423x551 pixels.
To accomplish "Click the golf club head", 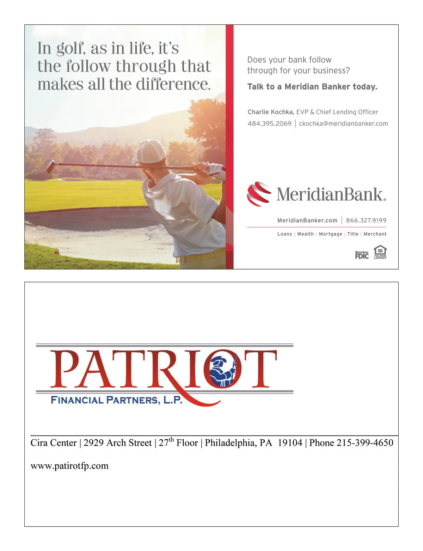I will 51,167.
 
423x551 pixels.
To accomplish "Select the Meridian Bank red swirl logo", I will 259,193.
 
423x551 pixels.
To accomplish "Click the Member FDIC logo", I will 362,255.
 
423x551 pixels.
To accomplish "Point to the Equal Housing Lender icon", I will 380,252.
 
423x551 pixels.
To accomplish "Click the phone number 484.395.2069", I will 269,124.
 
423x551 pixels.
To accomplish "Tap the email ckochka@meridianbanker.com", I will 343,124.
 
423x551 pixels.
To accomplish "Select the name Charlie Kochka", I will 270,112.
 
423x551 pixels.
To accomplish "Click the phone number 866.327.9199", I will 366,221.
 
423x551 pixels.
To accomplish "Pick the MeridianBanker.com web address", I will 307,221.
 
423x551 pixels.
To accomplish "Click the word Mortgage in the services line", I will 330,234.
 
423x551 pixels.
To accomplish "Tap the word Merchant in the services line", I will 375,234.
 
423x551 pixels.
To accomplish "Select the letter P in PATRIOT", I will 67,369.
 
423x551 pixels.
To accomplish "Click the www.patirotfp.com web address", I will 69,466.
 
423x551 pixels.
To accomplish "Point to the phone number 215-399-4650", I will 365,443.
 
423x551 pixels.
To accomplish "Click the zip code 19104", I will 290,443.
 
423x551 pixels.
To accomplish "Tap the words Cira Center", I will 54,443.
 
